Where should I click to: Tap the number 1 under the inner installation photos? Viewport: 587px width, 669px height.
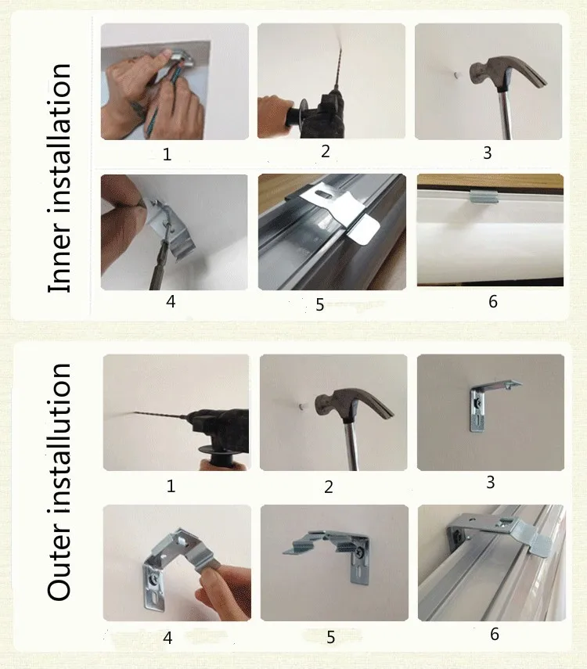pos(167,154)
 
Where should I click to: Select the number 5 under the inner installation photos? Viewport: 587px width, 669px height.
pos(320,304)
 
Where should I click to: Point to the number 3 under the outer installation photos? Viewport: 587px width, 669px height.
pos(491,482)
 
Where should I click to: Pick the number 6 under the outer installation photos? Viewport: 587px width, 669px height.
pos(495,634)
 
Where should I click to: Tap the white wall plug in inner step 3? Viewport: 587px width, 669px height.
pos(457,75)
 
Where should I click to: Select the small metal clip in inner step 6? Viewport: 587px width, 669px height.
pos(482,196)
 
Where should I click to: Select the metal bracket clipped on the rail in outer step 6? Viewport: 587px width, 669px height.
pos(497,533)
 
